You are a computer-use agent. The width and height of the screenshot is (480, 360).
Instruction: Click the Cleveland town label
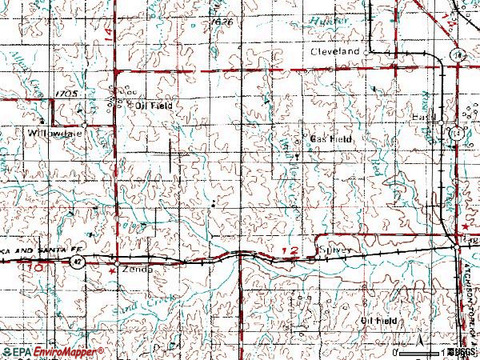click(336, 50)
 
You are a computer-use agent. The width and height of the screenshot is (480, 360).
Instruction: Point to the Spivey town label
click(334, 250)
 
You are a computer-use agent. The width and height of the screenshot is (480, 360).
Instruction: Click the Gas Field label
click(331, 139)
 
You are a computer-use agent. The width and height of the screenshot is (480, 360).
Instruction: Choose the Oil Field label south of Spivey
click(378, 320)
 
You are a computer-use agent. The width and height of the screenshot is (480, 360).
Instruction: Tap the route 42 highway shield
click(76, 262)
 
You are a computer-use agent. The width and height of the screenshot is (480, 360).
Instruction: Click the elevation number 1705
click(66, 94)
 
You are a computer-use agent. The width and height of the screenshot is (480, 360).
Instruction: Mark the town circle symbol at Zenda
click(117, 262)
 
